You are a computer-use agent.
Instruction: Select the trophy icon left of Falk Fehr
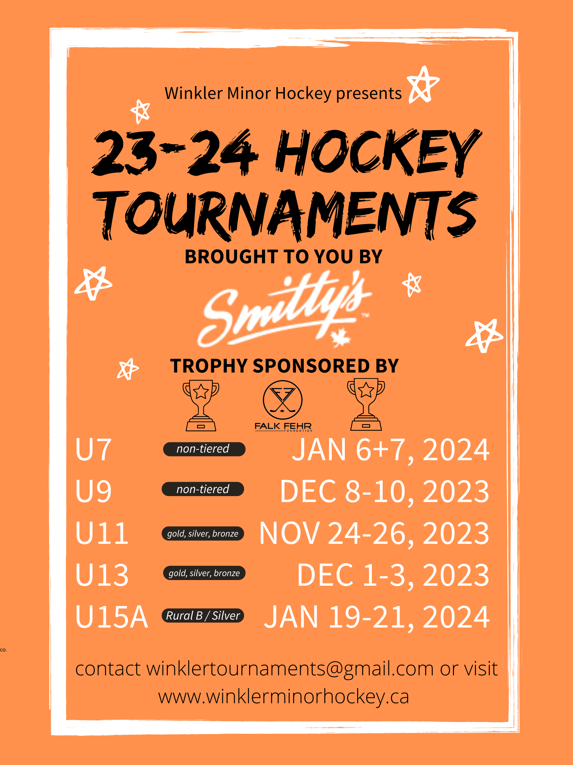click(x=201, y=405)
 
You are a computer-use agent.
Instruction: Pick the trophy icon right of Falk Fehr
click(x=366, y=405)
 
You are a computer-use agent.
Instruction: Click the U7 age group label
click(x=93, y=449)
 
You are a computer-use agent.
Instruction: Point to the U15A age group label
click(x=111, y=617)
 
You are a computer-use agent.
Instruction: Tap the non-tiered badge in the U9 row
click(x=203, y=489)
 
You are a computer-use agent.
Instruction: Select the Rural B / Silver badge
click(x=203, y=616)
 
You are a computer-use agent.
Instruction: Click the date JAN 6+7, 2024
click(x=391, y=449)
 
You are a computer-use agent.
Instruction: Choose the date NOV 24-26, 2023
click(x=374, y=533)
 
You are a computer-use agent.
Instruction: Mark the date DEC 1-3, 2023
click(x=393, y=575)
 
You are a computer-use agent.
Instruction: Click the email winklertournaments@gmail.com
click(x=289, y=668)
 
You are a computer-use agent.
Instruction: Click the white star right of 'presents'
click(x=422, y=85)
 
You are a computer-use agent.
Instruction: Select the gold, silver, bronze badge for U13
click(x=204, y=573)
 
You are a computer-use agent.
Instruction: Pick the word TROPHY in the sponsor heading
click(x=209, y=366)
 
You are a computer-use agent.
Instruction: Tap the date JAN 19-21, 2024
click(x=376, y=617)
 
